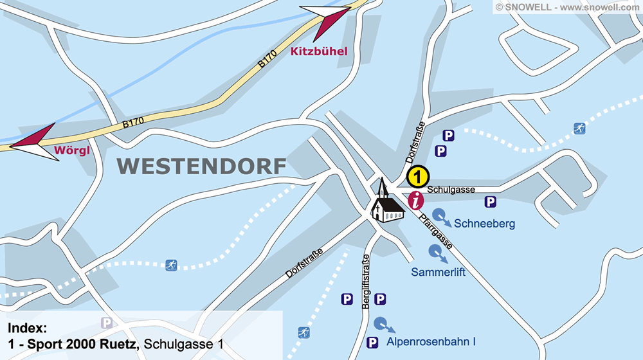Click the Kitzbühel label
[319, 51]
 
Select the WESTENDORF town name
[202, 166]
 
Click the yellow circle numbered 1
[417, 175]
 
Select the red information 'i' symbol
[417, 200]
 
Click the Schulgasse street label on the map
[451, 190]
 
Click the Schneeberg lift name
[484, 224]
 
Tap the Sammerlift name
[438, 272]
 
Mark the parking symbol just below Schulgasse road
[490, 203]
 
